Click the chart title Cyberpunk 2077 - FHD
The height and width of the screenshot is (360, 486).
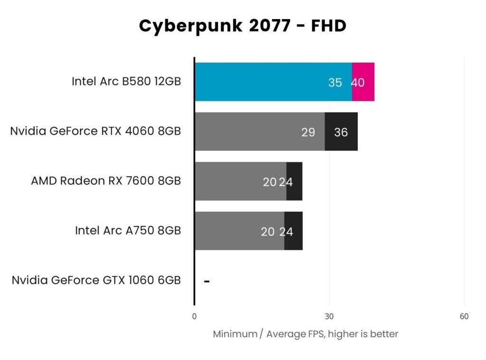(x=243, y=26)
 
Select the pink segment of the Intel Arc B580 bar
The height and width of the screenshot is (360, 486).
(x=363, y=71)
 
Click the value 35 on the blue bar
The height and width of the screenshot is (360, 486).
(x=335, y=83)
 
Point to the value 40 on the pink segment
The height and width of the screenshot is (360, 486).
(x=358, y=83)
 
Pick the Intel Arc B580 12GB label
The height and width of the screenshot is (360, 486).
(x=126, y=81)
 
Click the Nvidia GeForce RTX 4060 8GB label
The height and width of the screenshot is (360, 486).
(x=95, y=131)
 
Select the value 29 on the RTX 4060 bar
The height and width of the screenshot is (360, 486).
(x=308, y=133)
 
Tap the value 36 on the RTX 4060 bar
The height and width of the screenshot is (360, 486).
(x=341, y=133)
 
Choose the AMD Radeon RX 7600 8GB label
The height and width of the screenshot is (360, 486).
(x=106, y=181)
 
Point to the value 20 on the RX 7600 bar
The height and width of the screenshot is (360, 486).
(x=270, y=182)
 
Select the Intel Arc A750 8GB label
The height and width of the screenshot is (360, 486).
(x=128, y=230)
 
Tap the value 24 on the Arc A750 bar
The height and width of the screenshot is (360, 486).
(x=286, y=232)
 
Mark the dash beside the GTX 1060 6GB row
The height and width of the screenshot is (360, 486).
(x=206, y=281)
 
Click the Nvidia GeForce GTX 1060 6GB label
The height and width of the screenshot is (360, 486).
(x=96, y=280)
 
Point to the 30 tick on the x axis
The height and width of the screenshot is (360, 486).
(x=329, y=317)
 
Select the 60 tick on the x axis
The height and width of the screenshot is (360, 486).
(x=464, y=317)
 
